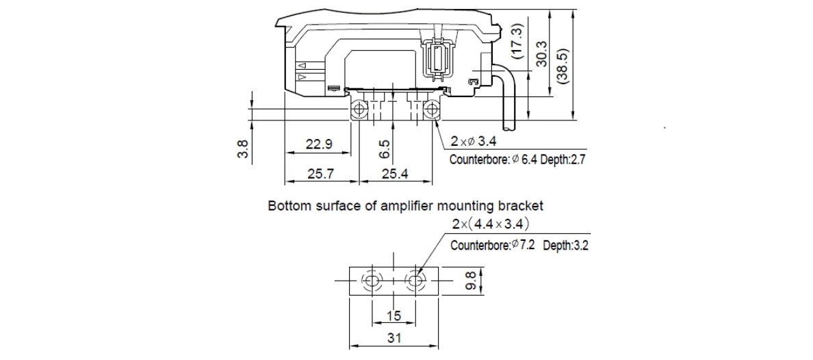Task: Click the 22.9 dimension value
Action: tap(319, 144)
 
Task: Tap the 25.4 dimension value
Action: tap(395, 175)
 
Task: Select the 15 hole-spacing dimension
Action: tap(393, 316)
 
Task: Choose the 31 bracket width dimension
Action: tap(393, 338)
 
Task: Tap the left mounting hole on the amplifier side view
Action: tap(359, 110)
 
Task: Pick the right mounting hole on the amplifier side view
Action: tap(431, 110)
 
